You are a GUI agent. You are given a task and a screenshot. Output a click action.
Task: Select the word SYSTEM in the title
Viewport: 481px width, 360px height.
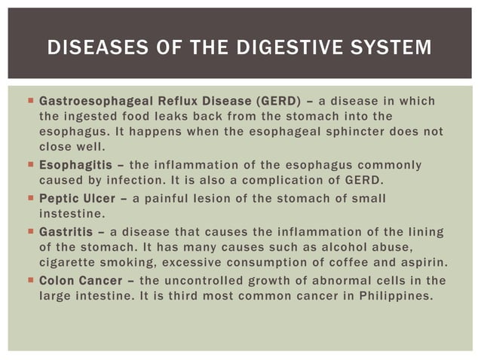pyautogui.click(x=394, y=49)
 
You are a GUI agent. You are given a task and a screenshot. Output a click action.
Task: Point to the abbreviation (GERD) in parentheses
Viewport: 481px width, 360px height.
pyautogui.click(x=280, y=101)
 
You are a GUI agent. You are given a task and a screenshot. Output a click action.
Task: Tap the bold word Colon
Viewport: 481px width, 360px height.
pyautogui.click(x=56, y=280)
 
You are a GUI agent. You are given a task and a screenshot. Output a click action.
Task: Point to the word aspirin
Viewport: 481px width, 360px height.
pyautogui.click(x=421, y=262)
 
